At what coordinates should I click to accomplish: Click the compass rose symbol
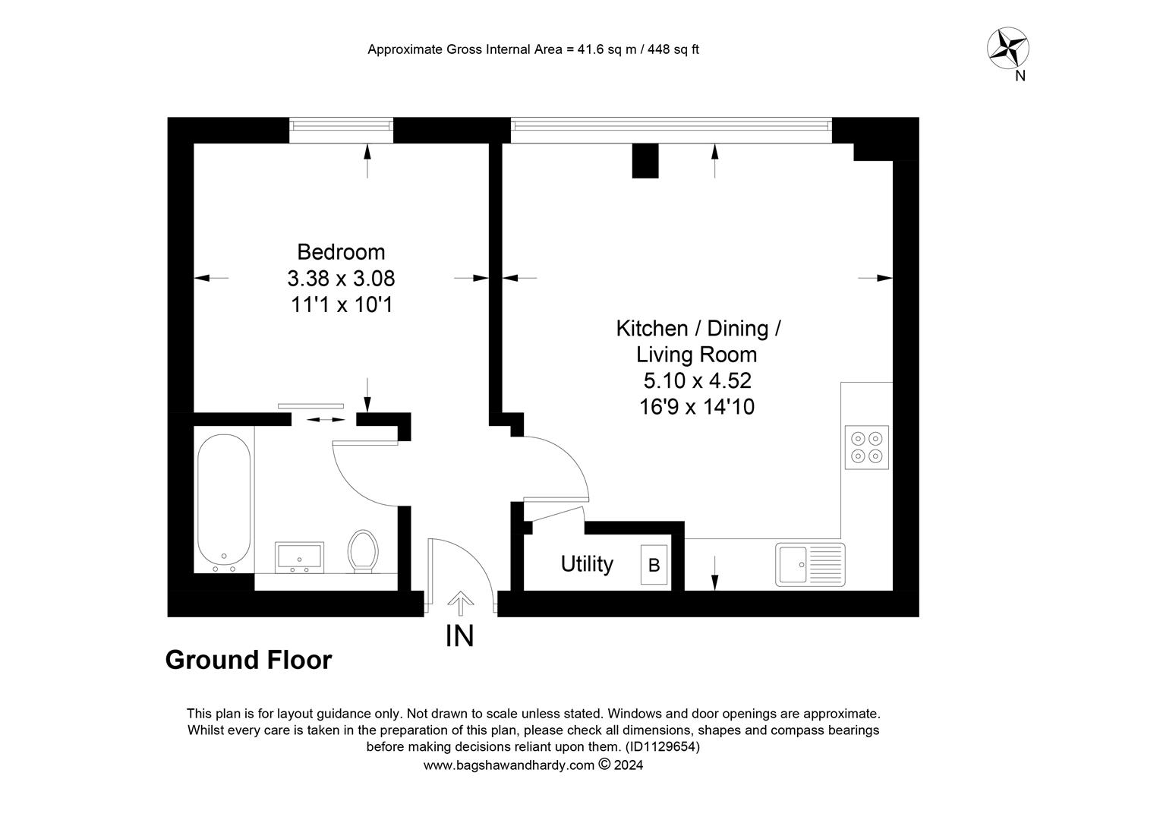(1008, 48)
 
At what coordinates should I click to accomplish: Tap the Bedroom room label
(341, 252)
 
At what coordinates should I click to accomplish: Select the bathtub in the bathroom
(223, 502)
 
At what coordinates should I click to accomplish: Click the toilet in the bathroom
(363, 549)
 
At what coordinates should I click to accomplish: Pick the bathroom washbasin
(300, 557)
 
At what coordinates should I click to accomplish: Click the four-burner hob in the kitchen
(867, 447)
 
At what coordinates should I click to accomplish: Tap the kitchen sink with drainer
(810, 564)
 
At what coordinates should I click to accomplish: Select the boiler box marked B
(654, 565)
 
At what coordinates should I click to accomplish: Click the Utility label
(587, 564)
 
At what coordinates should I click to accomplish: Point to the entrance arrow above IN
(459, 603)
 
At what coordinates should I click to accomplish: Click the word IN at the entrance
(459, 636)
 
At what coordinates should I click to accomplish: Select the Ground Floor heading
(248, 660)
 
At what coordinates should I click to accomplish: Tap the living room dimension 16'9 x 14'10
(697, 407)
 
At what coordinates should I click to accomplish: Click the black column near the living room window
(645, 160)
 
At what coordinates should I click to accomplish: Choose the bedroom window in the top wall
(341, 130)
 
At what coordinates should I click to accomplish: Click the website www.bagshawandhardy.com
(508, 765)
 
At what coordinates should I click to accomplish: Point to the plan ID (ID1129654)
(662, 747)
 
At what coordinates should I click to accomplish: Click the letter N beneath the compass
(1020, 76)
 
